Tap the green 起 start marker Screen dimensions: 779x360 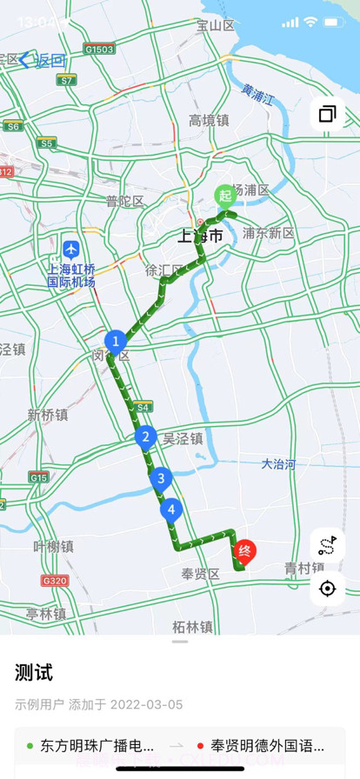[224, 194]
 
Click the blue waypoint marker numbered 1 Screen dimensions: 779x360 [115, 342]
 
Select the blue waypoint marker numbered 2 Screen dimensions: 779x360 [146, 437]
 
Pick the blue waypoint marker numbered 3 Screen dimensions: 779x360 [159, 477]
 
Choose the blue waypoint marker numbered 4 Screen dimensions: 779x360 [171, 509]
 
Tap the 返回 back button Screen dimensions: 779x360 [43, 60]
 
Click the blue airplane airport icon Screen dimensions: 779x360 [71, 250]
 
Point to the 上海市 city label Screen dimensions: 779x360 [200, 236]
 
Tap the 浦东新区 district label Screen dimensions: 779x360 [269, 233]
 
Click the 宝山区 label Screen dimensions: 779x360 [216, 26]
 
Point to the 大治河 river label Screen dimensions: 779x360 [278, 463]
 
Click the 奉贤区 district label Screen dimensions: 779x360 [200, 574]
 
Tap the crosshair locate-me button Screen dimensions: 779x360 [327, 589]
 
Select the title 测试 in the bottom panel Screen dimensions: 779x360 [34, 672]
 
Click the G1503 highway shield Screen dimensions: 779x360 [99, 50]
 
